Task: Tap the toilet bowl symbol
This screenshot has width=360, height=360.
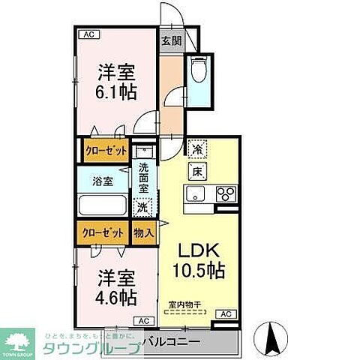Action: coord(199,70)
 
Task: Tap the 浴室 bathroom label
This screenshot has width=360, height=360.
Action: coord(103,181)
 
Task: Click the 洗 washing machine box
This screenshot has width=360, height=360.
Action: coord(142,207)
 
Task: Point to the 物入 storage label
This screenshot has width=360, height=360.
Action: coord(144,233)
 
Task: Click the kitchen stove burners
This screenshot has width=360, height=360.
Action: coord(226,194)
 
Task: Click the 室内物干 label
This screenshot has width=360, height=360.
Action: coord(185,304)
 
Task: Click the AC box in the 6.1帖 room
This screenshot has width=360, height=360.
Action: coord(88,34)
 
